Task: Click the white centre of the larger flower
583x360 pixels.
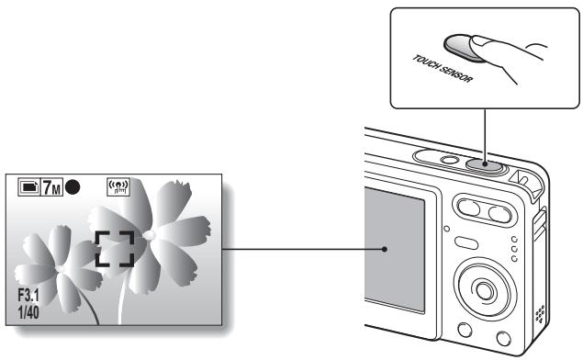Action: (x=150, y=235)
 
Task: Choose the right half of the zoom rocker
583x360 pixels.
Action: (x=498, y=215)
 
